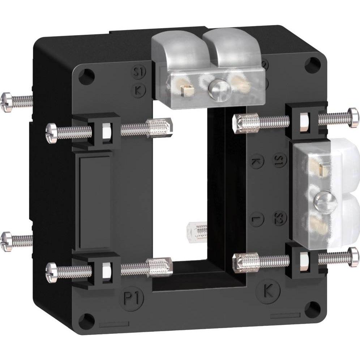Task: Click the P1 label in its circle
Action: (x=132, y=299)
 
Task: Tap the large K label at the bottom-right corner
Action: (x=268, y=292)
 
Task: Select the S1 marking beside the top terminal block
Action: (x=138, y=72)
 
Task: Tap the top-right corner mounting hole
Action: (x=312, y=64)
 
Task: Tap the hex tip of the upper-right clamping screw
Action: (x=245, y=121)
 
